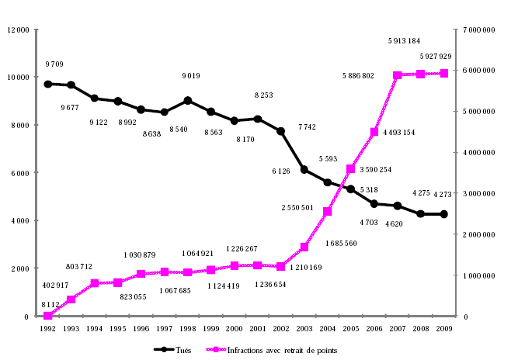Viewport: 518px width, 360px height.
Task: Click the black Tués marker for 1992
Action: pos(48,84)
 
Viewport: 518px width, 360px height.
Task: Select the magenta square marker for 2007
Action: pos(398,75)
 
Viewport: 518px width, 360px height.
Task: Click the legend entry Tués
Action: pos(181,349)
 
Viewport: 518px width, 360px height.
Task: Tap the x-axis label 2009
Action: pos(444,328)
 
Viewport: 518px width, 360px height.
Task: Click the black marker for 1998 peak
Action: pos(188,100)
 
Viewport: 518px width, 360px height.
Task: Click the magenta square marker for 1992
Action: pos(48,316)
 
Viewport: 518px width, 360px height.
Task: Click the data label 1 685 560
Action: pos(340,243)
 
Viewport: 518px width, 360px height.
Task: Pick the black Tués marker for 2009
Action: pos(444,214)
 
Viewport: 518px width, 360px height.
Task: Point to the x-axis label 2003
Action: pos(304,328)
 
